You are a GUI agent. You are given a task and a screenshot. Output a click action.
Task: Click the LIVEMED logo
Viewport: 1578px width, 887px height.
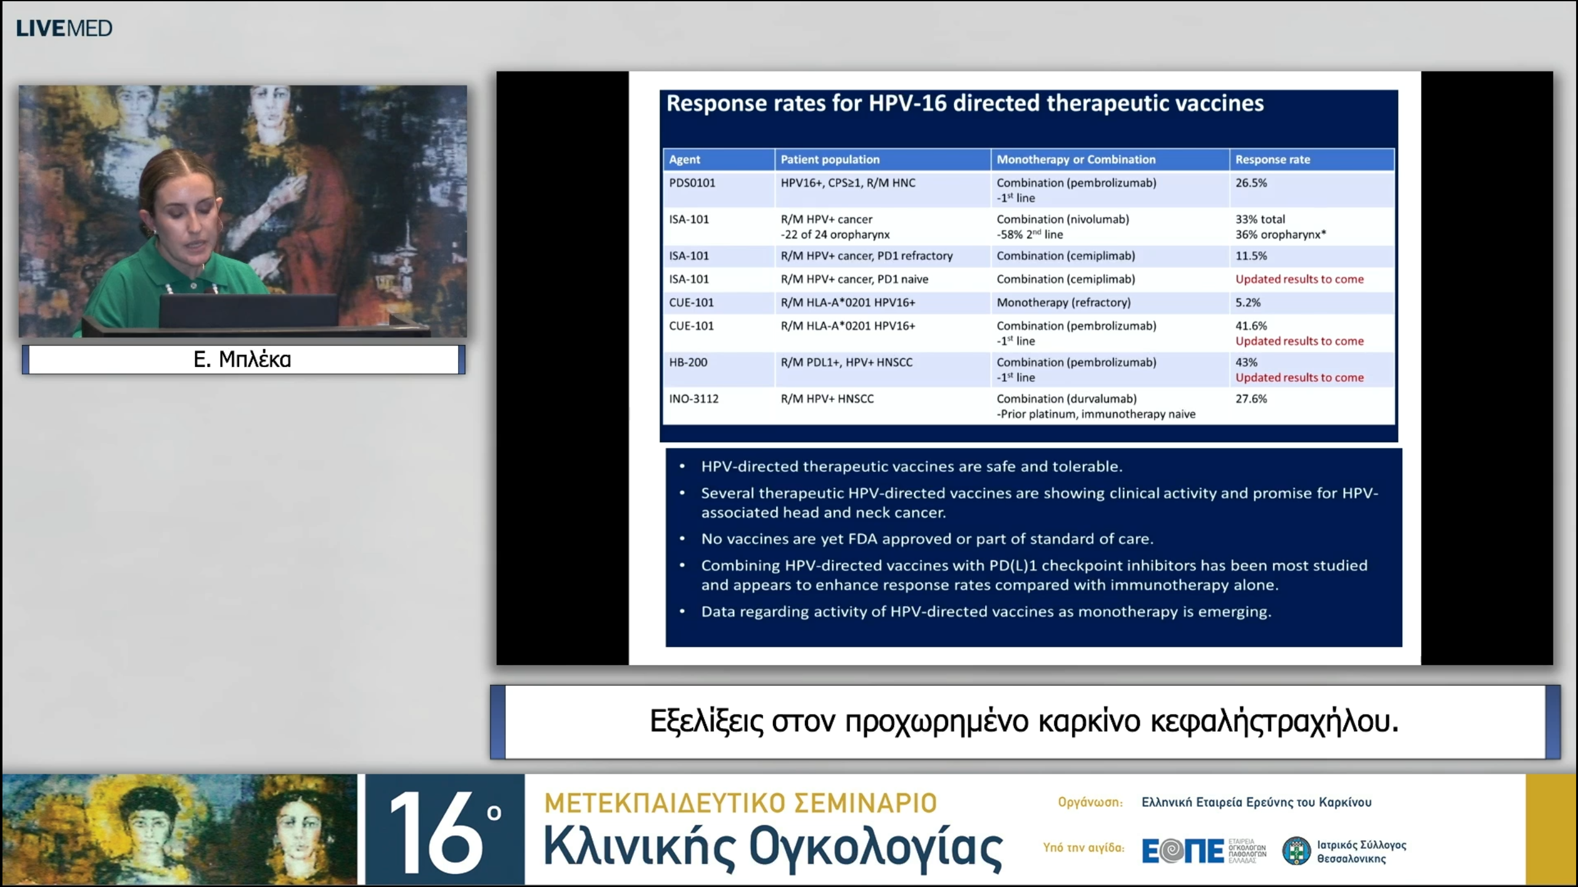[x=64, y=28]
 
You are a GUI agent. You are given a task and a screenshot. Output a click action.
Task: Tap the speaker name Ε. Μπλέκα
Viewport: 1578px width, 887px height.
[x=242, y=359]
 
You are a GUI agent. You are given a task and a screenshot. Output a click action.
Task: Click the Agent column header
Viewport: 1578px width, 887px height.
[x=684, y=160]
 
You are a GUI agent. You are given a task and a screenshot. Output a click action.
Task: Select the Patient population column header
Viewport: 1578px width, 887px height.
[x=830, y=160]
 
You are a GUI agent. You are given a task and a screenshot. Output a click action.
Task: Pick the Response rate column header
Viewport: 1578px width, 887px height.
[x=1272, y=160]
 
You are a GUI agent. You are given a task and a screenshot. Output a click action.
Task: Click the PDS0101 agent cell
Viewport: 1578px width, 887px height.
[x=692, y=183]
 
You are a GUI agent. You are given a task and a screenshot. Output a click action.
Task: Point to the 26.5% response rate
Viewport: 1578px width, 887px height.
[x=1251, y=183]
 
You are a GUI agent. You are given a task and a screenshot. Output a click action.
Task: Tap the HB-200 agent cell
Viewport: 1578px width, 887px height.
[x=688, y=362]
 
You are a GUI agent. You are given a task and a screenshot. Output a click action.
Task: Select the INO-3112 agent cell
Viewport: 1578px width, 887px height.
[x=693, y=399]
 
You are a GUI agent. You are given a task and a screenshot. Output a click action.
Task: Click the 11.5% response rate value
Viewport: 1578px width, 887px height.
[x=1251, y=256]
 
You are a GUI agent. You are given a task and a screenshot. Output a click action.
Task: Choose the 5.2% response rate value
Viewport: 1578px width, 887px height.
[x=1248, y=302]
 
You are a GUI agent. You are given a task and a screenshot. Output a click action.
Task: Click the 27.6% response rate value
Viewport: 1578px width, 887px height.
[x=1251, y=399]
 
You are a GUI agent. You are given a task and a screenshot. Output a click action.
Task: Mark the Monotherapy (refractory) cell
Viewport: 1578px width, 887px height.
[x=1063, y=302]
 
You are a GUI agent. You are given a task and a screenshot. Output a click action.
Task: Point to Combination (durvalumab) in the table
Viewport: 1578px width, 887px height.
[x=1066, y=399]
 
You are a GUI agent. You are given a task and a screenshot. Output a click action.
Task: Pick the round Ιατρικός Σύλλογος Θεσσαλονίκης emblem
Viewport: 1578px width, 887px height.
[x=1296, y=851]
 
